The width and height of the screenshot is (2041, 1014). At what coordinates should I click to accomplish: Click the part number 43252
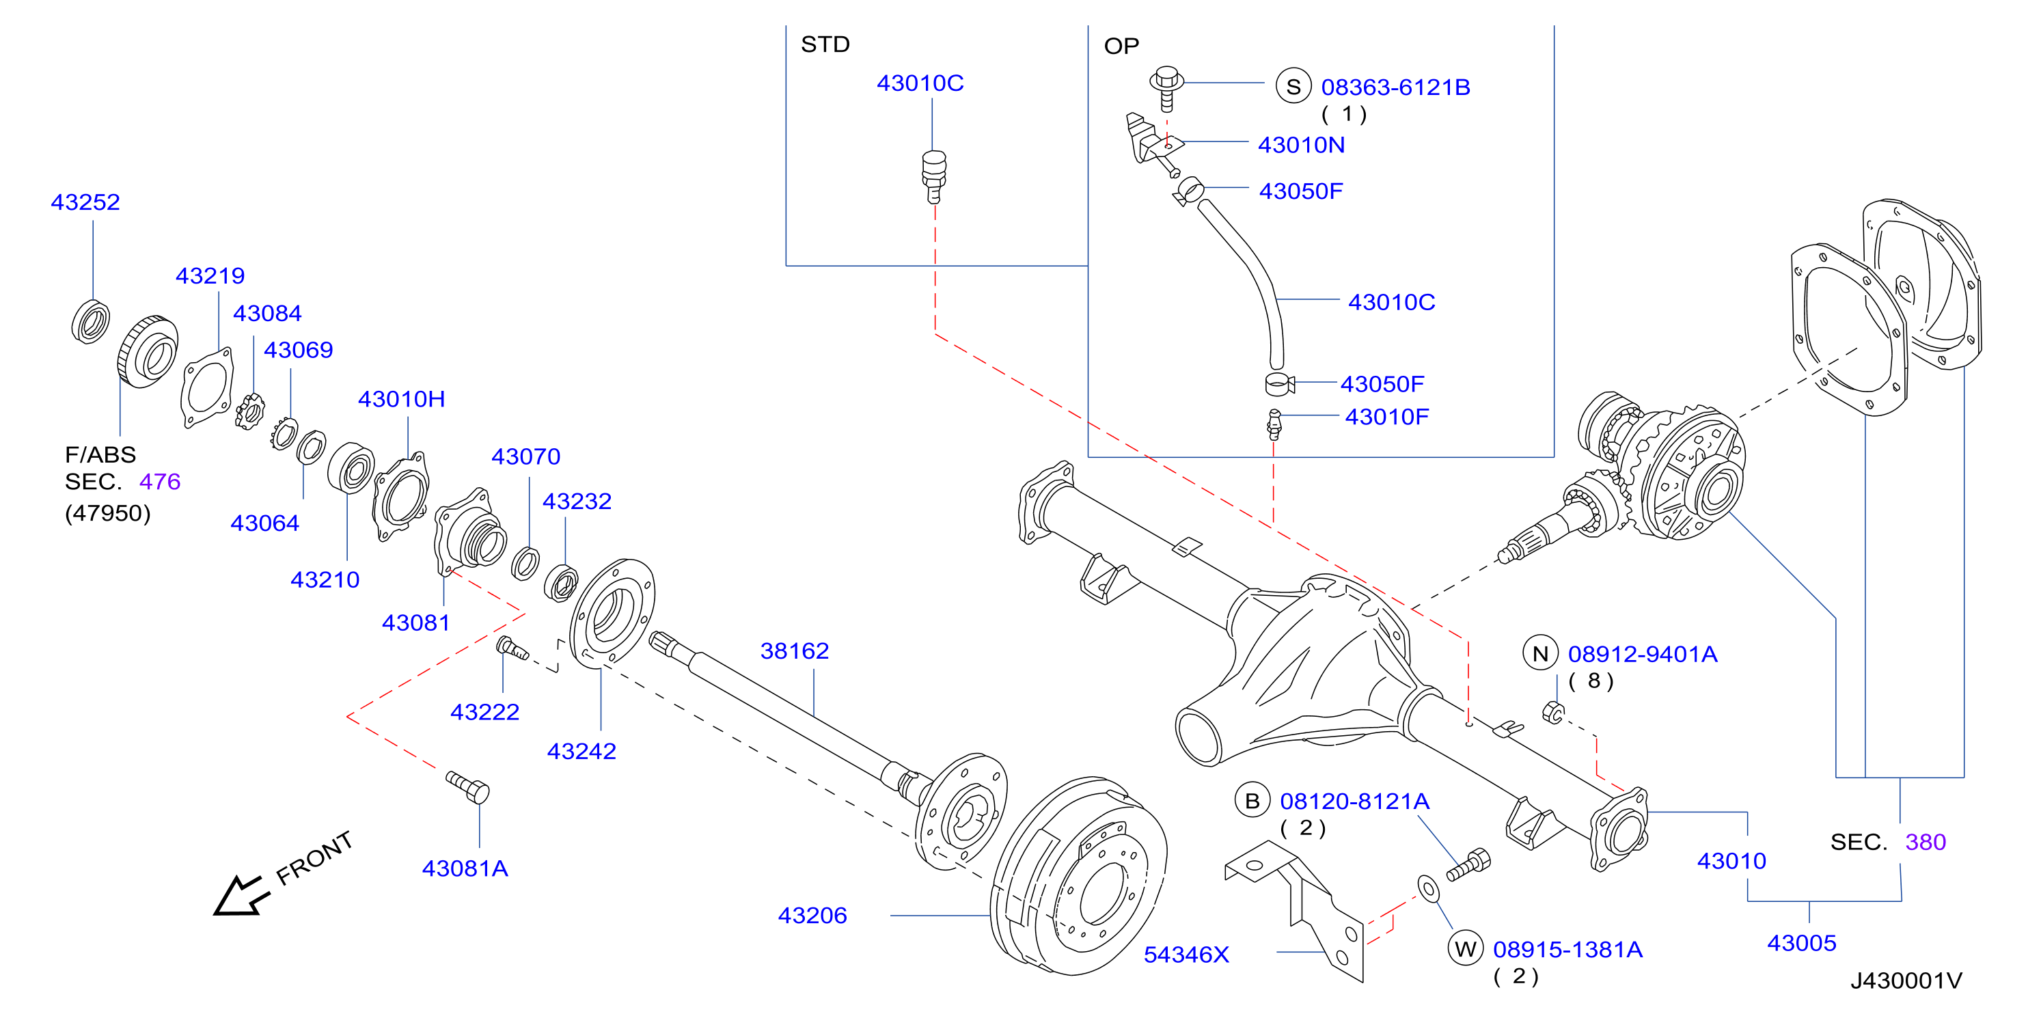[x=85, y=202]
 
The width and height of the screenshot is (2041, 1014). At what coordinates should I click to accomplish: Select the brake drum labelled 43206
[x=1078, y=875]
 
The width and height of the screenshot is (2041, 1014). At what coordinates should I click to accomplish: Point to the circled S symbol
[x=1293, y=86]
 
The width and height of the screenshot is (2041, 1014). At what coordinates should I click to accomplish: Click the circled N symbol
[x=1540, y=653]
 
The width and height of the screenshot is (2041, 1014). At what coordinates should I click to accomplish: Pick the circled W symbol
[x=1466, y=948]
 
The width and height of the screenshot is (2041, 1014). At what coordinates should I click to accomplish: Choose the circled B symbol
[x=1252, y=801]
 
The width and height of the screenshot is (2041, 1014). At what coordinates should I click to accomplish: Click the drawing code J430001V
[x=1906, y=981]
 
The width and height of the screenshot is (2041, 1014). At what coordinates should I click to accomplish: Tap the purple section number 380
[x=1926, y=841]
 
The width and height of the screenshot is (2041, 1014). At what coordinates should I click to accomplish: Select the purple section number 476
[x=160, y=482]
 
